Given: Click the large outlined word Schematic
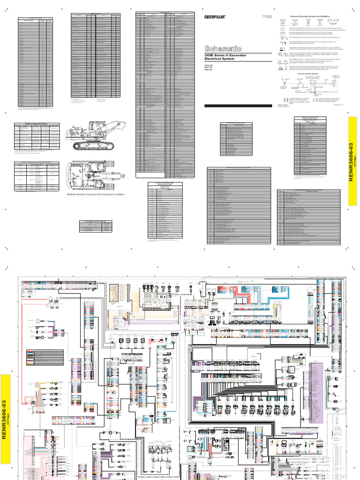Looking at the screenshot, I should [x=223, y=48].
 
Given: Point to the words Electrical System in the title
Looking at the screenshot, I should [x=220, y=60].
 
